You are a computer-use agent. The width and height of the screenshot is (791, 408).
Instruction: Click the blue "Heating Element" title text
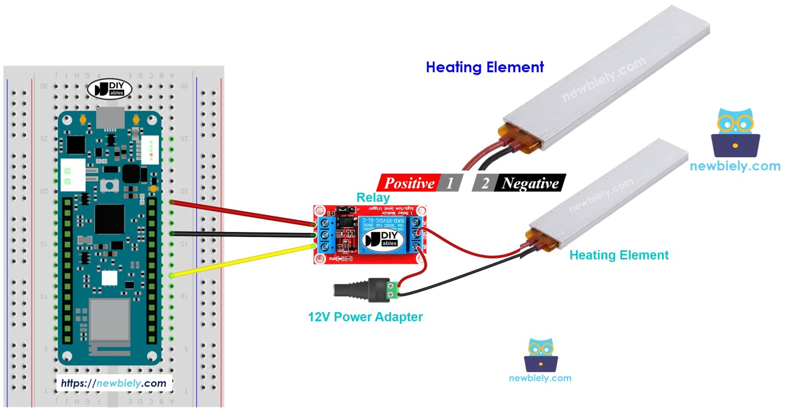click(485, 67)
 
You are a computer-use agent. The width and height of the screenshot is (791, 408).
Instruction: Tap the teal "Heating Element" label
click(619, 255)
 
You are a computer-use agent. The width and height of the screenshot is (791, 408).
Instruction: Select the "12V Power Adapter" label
click(365, 317)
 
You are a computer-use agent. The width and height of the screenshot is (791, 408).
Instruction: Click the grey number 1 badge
click(450, 183)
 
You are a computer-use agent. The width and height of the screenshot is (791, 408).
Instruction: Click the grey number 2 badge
click(485, 183)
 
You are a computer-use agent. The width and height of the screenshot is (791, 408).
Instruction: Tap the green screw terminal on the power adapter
click(391, 289)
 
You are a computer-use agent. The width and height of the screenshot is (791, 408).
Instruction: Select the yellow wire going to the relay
click(241, 261)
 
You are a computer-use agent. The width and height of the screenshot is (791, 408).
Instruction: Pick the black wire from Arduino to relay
click(241, 234)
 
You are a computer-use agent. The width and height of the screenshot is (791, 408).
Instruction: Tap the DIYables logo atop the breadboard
click(110, 89)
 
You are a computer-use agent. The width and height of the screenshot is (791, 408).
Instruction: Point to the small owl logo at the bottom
click(540, 355)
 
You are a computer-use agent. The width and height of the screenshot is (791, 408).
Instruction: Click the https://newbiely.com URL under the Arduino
click(113, 383)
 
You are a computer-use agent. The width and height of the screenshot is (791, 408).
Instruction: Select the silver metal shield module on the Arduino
click(109, 320)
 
